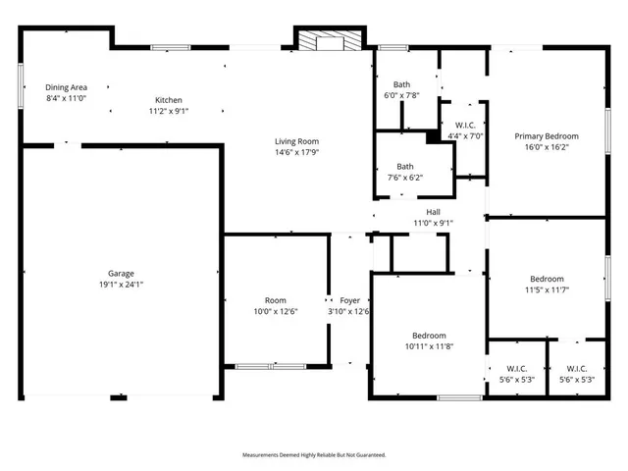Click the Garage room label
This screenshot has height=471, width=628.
point(121,273)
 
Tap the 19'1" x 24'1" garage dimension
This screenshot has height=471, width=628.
point(121,285)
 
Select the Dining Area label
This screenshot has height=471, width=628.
point(66,87)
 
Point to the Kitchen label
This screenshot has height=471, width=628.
point(168,100)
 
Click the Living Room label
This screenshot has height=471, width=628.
point(296,141)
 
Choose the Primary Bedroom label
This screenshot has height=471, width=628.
point(547,136)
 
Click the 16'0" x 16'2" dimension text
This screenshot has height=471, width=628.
point(547,147)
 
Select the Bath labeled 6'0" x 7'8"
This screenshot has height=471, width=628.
point(401,84)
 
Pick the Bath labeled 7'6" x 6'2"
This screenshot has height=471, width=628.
point(404,167)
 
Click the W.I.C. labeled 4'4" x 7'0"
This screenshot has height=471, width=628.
point(465,125)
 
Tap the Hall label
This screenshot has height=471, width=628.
point(433,212)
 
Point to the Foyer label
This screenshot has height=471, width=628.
point(349,300)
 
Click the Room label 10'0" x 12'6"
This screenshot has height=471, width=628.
point(275,300)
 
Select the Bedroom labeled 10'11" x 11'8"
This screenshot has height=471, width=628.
point(428,336)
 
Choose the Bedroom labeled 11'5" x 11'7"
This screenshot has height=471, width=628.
point(547,279)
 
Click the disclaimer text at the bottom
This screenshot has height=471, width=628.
point(314,455)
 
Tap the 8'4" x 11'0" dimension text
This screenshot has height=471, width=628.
point(66,98)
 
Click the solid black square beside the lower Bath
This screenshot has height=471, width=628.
point(433,137)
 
